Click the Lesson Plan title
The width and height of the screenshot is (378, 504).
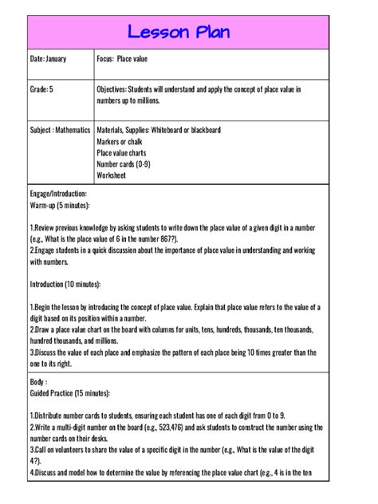pos(189,32)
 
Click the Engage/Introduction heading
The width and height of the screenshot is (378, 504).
pos(58,194)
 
